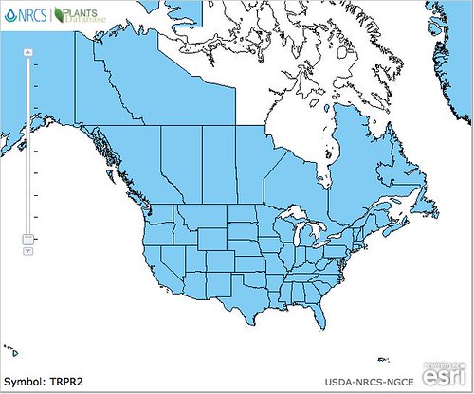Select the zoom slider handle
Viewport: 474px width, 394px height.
point(28,239)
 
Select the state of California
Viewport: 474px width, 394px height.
point(152,260)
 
